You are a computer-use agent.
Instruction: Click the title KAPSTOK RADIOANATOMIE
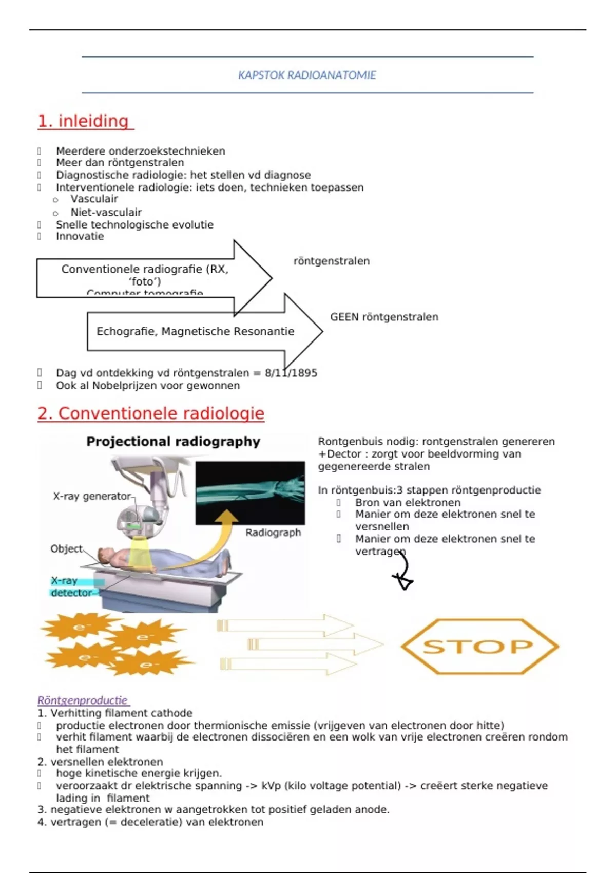tap(307, 75)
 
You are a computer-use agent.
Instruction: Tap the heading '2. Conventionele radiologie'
tap(151, 413)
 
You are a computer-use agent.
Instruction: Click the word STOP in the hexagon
tap(478, 647)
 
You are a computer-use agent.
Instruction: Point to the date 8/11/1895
tap(291, 373)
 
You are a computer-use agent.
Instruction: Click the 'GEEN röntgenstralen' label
tap(384, 317)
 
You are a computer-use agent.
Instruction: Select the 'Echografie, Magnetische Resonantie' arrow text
tap(195, 331)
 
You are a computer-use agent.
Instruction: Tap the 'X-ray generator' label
tap(92, 496)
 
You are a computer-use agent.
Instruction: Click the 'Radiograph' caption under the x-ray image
tap(273, 533)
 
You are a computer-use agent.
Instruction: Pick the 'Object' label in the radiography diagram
tap(66, 548)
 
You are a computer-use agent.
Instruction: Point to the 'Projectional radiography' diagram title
tap(173, 442)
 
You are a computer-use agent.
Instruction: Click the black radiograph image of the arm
tap(250, 492)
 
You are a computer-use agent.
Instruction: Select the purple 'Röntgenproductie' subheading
tap(83, 700)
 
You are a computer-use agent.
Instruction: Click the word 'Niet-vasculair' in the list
tap(106, 212)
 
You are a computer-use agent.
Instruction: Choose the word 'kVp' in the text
tap(272, 786)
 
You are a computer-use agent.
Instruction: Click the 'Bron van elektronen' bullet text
tap(408, 503)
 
